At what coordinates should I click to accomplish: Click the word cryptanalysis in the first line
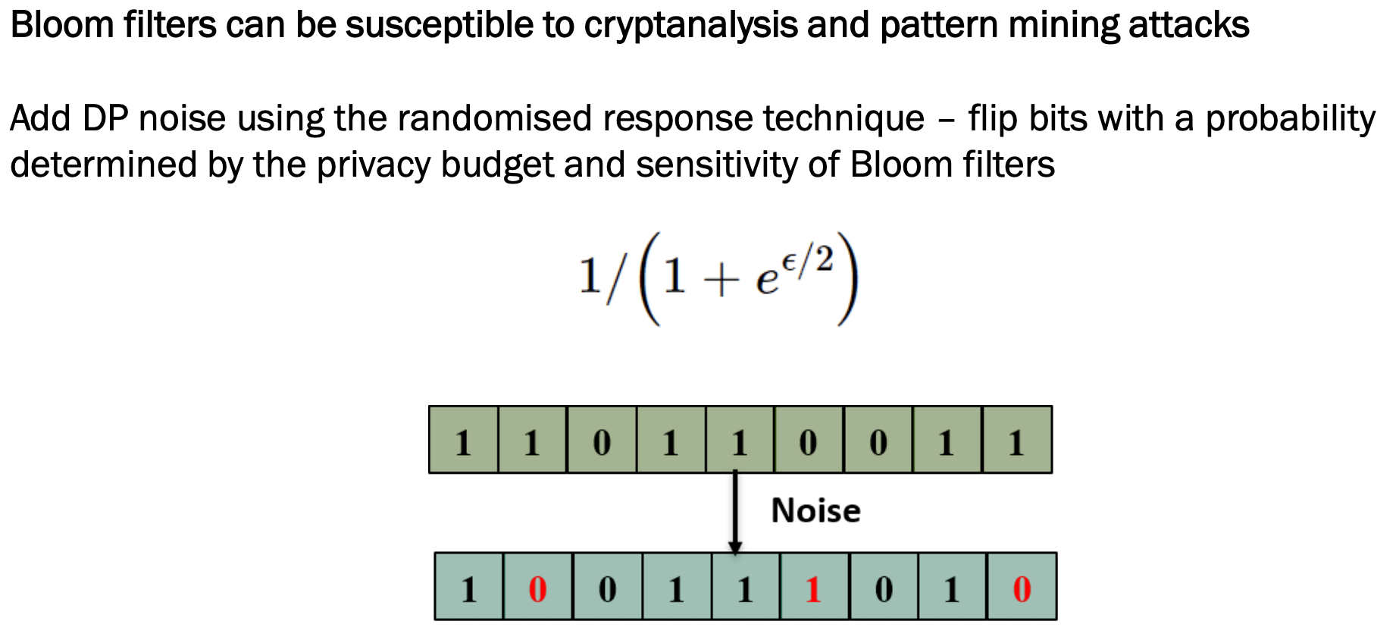click(x=690, y=26)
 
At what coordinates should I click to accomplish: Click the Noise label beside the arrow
click(x=815, y=511)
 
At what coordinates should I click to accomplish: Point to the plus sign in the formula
click(x=720, y=281)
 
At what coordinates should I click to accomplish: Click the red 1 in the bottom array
click(x=814, y=589)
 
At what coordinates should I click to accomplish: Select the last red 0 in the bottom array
click(x=1022, y=589)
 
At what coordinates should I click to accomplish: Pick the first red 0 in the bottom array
click(x=537, y=589)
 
